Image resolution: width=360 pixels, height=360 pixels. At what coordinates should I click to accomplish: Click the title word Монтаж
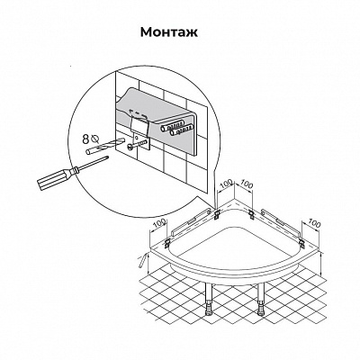pyautogui.click(x=169, y=32)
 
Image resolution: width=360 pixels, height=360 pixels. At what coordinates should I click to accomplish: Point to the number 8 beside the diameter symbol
pyautogui.click(x=85, y=139)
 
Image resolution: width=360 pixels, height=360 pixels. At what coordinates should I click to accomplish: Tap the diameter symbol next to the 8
pyautogui.click(x=95, y=139)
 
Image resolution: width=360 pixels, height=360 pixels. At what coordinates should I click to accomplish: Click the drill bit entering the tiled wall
pyautogui.click(x=105, y=147)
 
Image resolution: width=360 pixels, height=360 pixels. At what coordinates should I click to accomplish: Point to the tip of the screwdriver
pyautogui.click(x=107, y=157)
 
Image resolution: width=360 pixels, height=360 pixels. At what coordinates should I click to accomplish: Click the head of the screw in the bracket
pyautogui.click(x=130, y=147)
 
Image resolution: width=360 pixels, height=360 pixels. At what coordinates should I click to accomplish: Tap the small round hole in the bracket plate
pyautogui.click(x=136, y=138)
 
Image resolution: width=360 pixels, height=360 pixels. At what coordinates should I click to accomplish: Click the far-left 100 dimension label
pyautogui.click(x=160, y=222)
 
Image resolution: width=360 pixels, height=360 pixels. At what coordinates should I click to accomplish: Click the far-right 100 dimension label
pyautogui.click(x=314, y=223)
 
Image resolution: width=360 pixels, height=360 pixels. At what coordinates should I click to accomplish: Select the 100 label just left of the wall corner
pyautogui.click(x=227, y=183)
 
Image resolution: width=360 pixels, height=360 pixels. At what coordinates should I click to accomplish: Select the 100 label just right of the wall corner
pyautogui.click(x=247, y=184)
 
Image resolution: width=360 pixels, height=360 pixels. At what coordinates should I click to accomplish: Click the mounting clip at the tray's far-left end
pyautogui.click(x=167, y=243)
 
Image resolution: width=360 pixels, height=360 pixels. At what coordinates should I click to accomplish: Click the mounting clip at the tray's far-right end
pyautogui.click(x=301, y=243)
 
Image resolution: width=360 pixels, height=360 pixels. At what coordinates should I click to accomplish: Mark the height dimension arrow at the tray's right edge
pyautogui.click(x=321, y=264)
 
